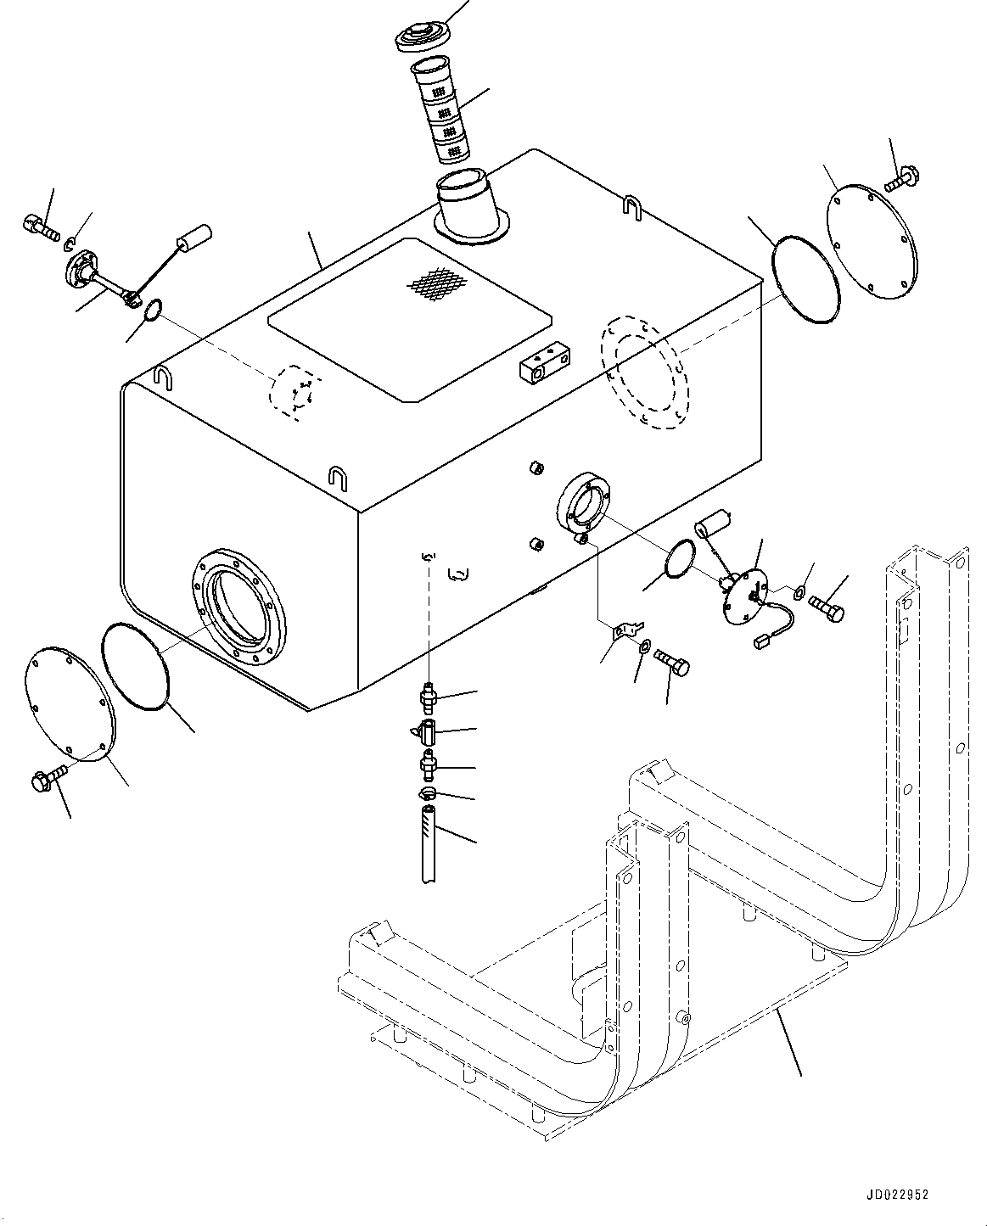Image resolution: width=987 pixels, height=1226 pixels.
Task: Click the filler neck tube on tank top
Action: [471, 206]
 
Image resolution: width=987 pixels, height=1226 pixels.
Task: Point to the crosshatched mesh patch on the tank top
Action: [438, 283]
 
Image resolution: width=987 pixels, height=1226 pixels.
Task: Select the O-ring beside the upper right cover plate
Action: [805, 279]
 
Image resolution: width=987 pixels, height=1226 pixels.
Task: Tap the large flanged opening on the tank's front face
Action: [238, 607]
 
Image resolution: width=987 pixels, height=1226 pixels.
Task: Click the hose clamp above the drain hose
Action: [427, 792]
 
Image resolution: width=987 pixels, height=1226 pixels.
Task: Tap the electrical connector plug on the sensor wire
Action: [761, 642]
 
